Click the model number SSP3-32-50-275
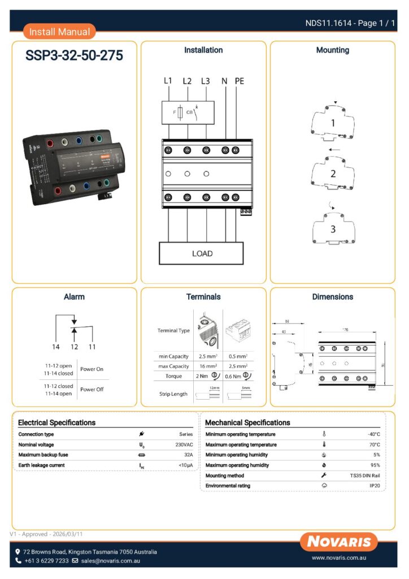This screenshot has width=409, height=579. [x=74, y=57]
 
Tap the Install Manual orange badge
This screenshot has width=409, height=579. [x=59, y=32]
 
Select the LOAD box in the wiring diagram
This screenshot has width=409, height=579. [x=202, y=253]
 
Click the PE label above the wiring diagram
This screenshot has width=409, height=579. [x=240, y=81]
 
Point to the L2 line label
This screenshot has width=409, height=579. [x=187, y=81]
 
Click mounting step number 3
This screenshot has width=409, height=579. [x=333, y=229]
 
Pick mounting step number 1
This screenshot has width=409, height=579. [x=333, y=123]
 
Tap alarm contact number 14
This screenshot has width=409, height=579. [x=55, y=346]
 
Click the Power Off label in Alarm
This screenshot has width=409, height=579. [x=92, y=389]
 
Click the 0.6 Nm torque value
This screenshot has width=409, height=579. [x=233, y=376]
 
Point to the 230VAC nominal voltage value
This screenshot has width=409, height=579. [x=185, y=445]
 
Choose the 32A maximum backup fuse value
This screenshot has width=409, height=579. [x=188, y=455]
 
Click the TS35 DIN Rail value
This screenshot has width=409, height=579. [x=365, y=476]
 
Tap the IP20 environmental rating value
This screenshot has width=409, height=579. [x=375, y=486]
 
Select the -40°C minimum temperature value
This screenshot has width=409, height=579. [x=373, y=434]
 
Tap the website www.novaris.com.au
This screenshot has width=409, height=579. [x=340, y=558]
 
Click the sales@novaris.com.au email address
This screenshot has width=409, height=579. [x=110, y=561]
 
